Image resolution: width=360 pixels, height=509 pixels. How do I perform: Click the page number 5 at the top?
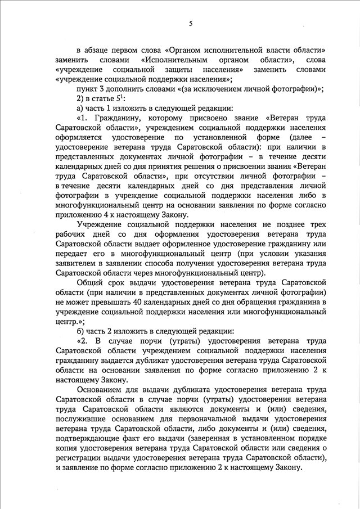pos(191,23)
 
